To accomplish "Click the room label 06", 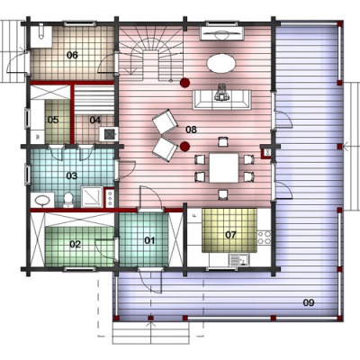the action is [x=72, y=55].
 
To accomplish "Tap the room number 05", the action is [x=53, y=120].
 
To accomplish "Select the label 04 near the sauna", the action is [x=95, y=121].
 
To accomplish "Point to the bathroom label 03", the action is [x=72, y=175].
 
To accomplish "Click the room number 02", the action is [x=76, y=245].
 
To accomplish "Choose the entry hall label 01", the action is [x=149, y=240].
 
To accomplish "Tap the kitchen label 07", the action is [x=230, y=235].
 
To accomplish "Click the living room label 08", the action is [x=191, y=130].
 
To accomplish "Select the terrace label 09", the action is [x=309, y=302].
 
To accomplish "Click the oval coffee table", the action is [x=221, y=63].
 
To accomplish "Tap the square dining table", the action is [x=224, y=168].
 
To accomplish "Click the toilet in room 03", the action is [x=68, y=200].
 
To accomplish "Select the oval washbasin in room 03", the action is [x=42, y=200].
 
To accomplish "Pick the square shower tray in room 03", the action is [x=92, y=197].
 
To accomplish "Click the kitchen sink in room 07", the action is [x=239, y=260].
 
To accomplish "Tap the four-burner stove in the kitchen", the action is [x=264, y=238].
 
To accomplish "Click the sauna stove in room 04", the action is [x=108, y=134].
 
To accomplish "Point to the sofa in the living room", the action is [x=222, y=99].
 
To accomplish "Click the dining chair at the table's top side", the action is [x=222, y=141].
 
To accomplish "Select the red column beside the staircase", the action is [x=184, y=83].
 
